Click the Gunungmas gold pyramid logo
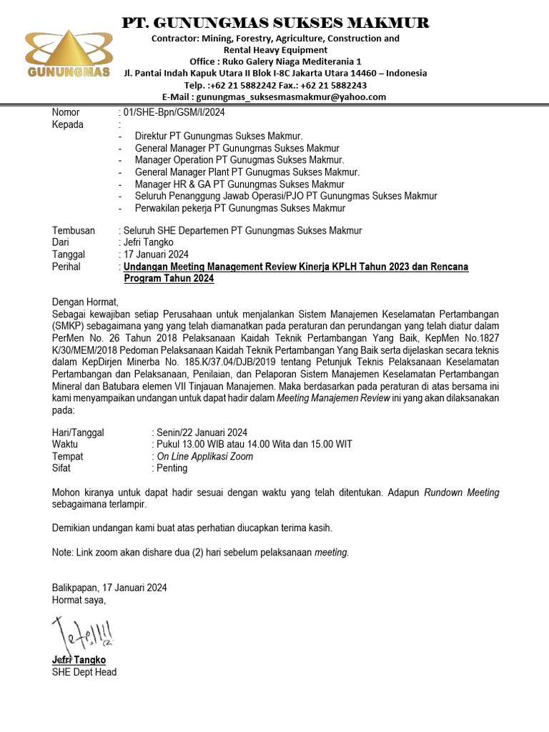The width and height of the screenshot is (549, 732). pos(68,53)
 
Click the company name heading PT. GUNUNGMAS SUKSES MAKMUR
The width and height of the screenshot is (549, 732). pos(275,22)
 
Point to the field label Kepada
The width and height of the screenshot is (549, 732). pos(68,124)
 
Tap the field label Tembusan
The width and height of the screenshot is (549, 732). pos(73,230)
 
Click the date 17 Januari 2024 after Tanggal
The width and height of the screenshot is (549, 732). pos(156,254)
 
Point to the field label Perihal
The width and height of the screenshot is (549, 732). pos(66,267)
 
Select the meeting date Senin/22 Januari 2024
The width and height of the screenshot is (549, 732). pos(202,432)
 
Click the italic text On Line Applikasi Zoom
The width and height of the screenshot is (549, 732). pos(204,457)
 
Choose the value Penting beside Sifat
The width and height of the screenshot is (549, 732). pos(172,469)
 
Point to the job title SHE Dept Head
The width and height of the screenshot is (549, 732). pos(84,672)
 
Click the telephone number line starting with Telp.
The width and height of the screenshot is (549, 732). pos(275,84)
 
